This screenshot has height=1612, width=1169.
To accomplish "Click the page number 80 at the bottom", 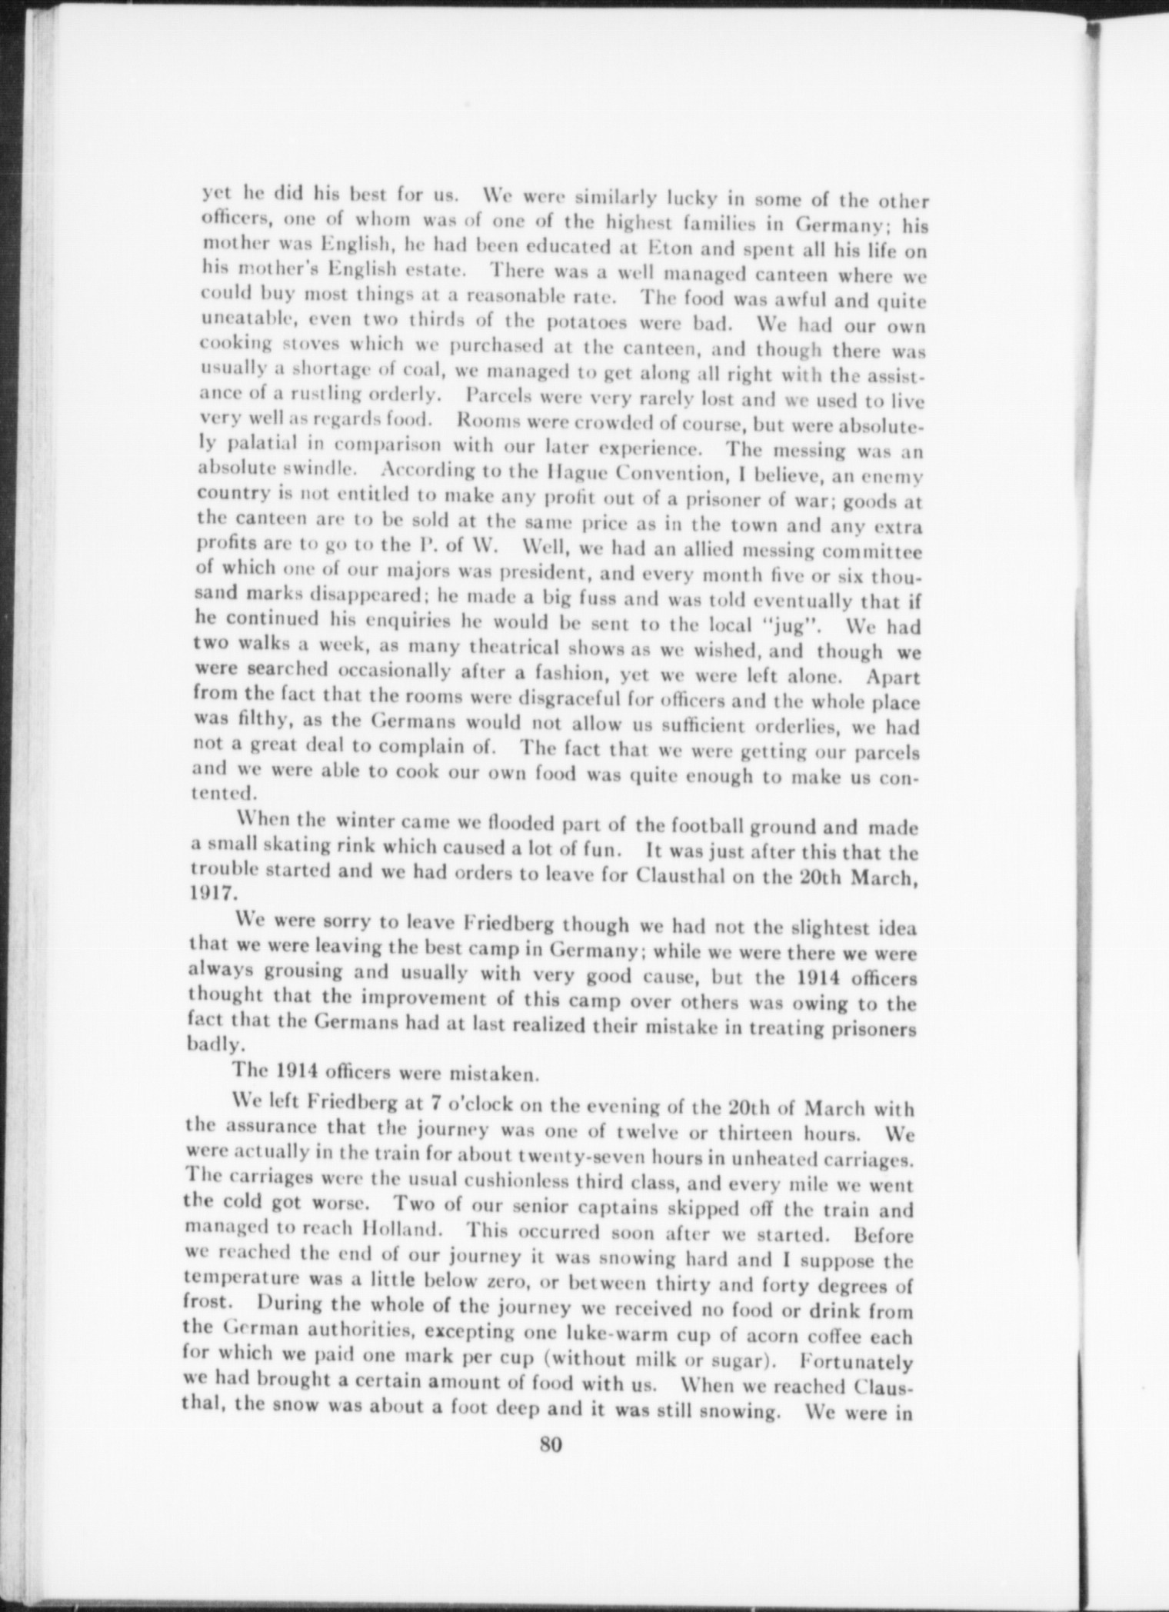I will point(551,1444).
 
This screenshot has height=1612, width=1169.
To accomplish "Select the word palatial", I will point(266,445).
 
